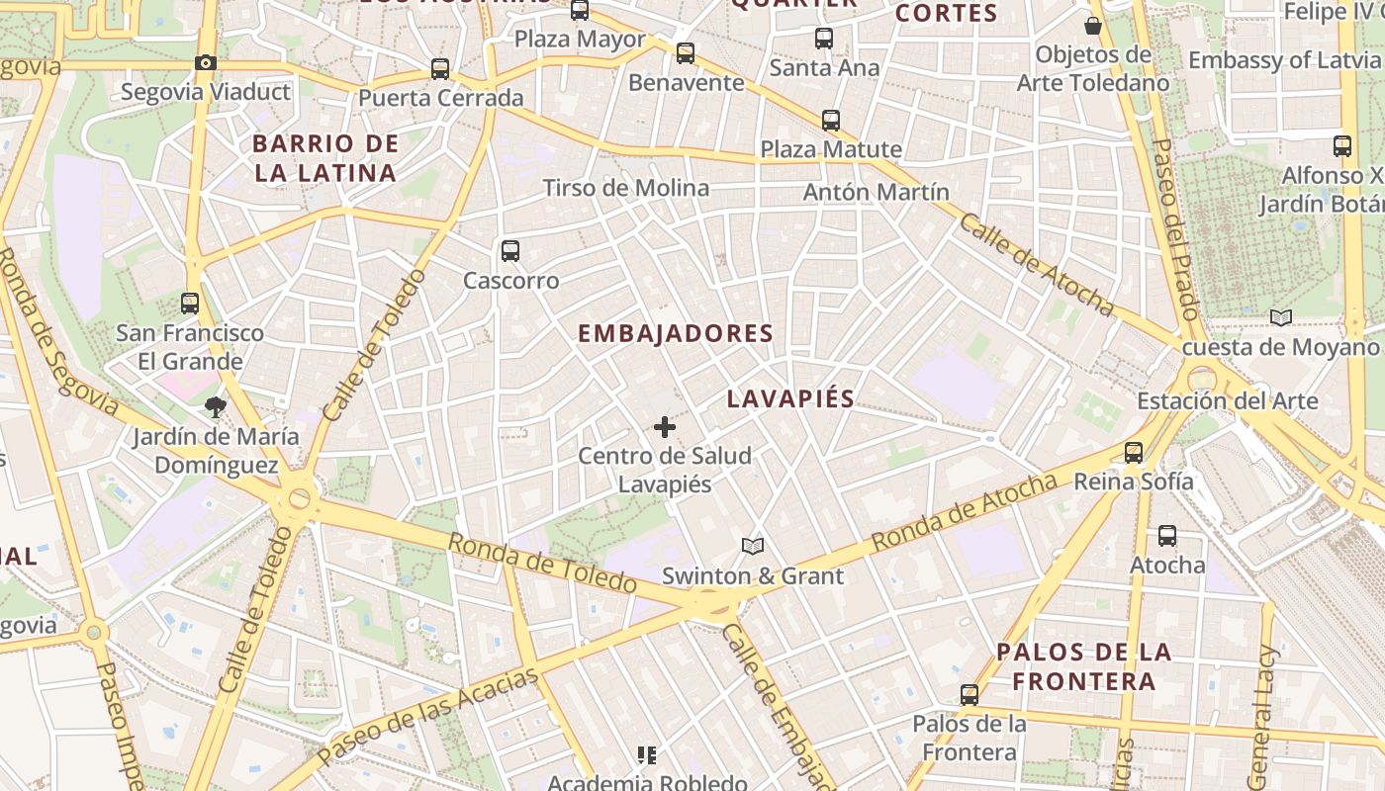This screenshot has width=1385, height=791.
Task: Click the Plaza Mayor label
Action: point(581,40)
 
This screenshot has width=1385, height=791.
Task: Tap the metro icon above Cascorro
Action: point(510,251)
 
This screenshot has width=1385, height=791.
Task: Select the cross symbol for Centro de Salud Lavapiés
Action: point(665,427)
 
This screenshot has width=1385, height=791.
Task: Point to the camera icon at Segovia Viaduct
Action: point(206,63)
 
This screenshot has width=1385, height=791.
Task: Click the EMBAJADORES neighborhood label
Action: point(675,334)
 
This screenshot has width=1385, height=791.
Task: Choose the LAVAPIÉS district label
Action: point(790,398)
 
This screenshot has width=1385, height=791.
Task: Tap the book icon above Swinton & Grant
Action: point(753,546)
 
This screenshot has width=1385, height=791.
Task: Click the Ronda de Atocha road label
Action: point(965,513)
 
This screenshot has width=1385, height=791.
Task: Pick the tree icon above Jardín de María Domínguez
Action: point(215,406)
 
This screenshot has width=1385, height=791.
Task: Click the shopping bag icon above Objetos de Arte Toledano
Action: point(1093,25)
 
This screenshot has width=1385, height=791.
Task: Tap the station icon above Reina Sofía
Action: point(1134,453)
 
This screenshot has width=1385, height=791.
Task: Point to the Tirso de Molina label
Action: point(626,188)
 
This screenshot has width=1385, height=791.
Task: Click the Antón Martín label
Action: point(876,192)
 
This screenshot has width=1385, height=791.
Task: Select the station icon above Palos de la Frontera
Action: point(969,695)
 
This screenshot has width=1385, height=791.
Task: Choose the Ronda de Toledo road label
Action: point(542,564)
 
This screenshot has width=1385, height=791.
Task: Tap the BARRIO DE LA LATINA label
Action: point(325,158)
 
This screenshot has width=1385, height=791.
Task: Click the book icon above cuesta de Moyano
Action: point(1281,317)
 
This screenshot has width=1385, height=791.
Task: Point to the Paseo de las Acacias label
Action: point(429,715)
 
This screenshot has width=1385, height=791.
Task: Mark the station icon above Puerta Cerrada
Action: point(440,69)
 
